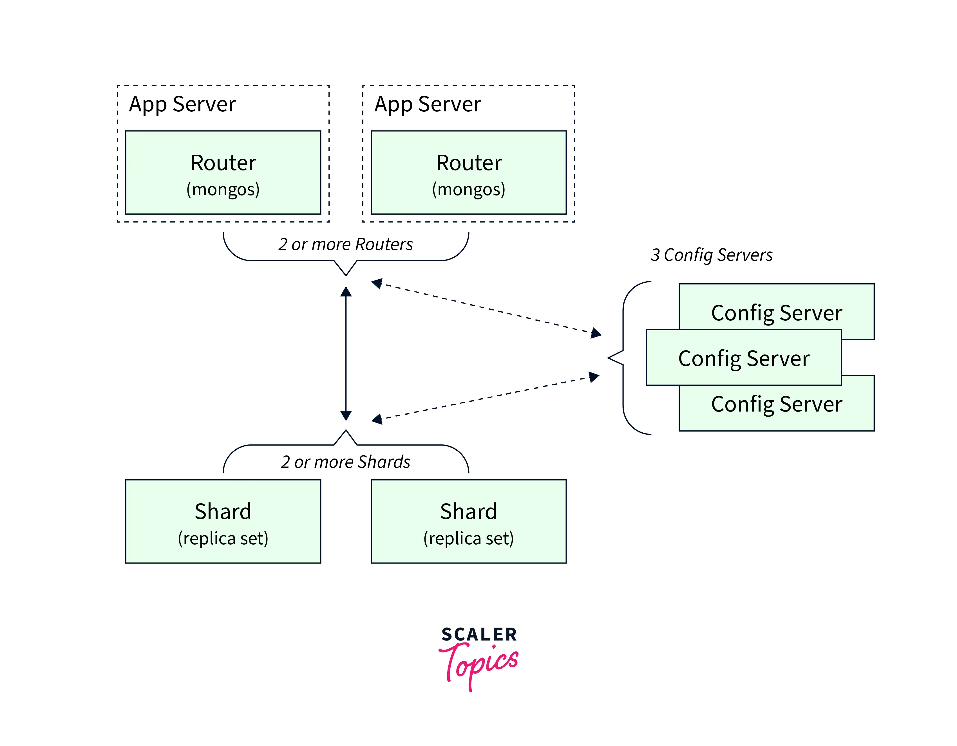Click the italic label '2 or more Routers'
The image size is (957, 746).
coord(345,244)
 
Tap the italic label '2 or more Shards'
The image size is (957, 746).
coord(345,462)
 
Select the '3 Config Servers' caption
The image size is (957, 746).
coord(711,255)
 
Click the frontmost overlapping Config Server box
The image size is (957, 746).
coord(744,358)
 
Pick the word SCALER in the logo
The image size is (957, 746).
coord(479,634)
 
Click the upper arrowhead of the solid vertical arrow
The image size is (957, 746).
coord(346,292)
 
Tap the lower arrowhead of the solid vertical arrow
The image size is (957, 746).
coord(346,415)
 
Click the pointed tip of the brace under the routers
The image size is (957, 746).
coord(346,275)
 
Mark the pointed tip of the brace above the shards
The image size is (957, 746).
coord(346,431)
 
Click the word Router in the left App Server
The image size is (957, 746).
coord(223,163)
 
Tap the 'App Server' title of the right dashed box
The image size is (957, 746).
coord(427,104)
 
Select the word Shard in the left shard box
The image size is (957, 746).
coord(223,511)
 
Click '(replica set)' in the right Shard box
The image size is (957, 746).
coord(468,538)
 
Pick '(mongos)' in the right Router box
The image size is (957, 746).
coord(468,189)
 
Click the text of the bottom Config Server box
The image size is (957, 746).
coord(777,404)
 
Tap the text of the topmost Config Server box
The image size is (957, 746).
coord(777,313)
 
